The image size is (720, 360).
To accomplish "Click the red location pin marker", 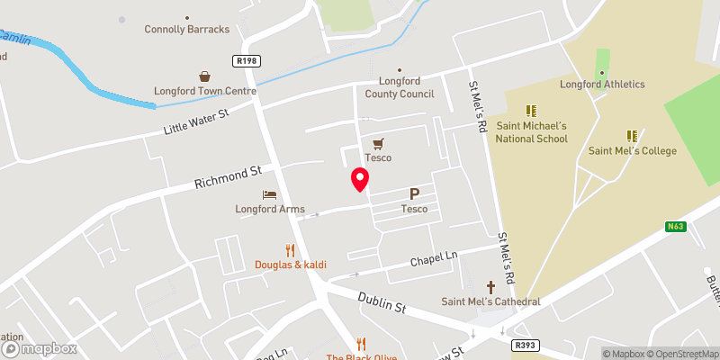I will click(x=360, y=179).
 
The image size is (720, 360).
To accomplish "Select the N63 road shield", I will click(x=677, y=227).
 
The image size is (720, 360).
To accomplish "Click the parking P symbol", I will click(x=415, y=193).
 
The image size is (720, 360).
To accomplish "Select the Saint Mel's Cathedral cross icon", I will click(x=491, y=285).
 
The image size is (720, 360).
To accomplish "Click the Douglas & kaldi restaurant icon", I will click(x=290, y=249).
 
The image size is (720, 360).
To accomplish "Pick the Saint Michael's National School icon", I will click(x=531, y=111).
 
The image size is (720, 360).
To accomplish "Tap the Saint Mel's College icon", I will click(x=632, y=136).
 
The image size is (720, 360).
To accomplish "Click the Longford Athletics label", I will click(x=602, y=85).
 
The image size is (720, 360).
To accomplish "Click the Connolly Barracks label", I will click(x=187, y=29).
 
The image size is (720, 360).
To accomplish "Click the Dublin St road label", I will click(x=380, y=301).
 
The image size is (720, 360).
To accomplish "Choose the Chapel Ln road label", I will click(x=434, y=259).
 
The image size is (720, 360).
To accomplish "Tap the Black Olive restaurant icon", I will click(x=362, y=343).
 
